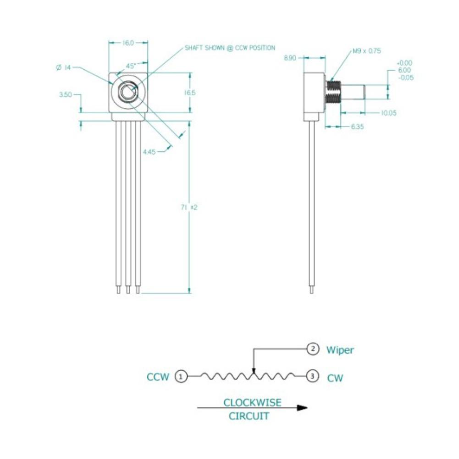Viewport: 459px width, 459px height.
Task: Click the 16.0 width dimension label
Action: coord(128,43)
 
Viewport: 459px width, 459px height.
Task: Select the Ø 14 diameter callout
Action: coord(63,67)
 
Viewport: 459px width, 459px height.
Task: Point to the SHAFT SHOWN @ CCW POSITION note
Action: coord(230,48)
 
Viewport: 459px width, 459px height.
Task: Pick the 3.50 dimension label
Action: coord(66,95)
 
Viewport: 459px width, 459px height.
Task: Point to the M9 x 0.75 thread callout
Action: coord(367,51)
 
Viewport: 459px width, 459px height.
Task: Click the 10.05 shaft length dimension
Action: coord(389,112)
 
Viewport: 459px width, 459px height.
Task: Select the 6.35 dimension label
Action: coord(358,127)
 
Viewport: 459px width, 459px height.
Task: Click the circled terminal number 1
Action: coord(182,377)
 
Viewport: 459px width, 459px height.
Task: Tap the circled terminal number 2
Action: coord(313,349)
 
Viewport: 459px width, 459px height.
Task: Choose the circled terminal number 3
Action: coord(312,377)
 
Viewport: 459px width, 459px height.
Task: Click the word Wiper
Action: coord(340,350)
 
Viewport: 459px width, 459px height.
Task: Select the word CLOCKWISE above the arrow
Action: coord(252,403)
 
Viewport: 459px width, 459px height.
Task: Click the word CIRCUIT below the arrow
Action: coord(249,416)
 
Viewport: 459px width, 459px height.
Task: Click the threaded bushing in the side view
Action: coord(333,92)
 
